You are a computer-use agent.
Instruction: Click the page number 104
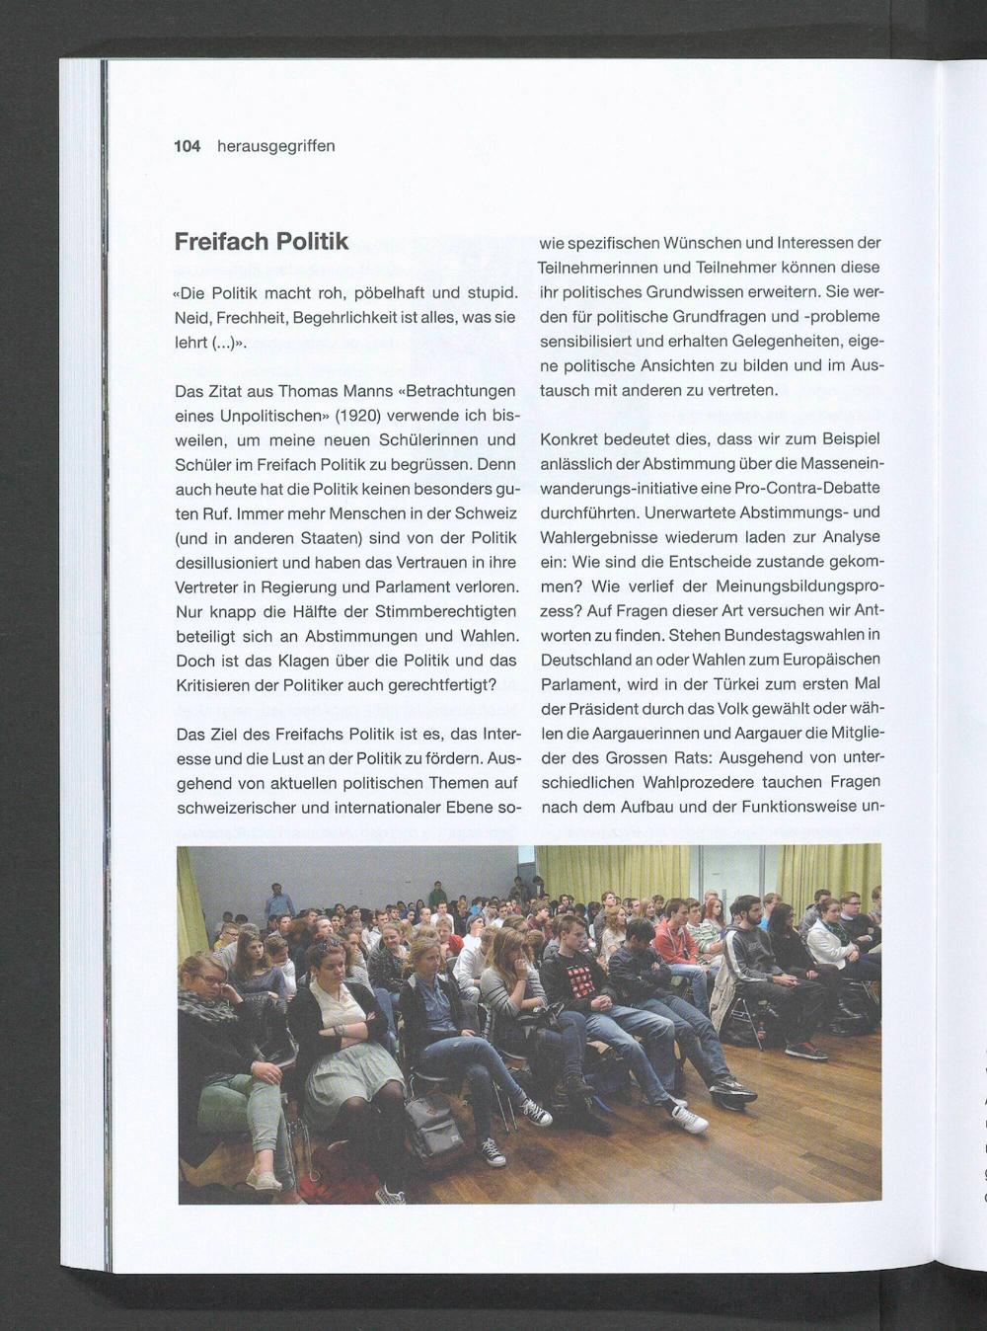click(187, 146)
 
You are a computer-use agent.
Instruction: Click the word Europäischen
click(827, 659)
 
